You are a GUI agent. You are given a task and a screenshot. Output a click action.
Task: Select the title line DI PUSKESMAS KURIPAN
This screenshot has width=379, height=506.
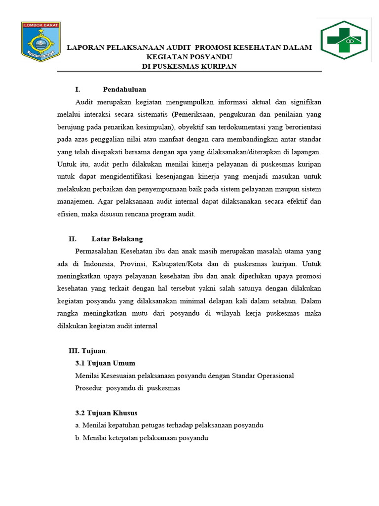pos(189,66)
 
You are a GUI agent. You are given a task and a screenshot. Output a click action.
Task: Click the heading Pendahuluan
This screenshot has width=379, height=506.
pos(124,89)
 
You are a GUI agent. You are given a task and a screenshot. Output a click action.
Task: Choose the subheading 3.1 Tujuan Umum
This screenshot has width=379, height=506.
pos(105,363)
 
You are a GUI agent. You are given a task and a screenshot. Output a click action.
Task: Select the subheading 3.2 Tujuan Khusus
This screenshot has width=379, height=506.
pos(106,413)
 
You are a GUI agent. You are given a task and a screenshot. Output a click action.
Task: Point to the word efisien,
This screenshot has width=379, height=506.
pos(68,214)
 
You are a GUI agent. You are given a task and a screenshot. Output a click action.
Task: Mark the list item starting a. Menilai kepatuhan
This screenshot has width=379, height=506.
pos(169,425)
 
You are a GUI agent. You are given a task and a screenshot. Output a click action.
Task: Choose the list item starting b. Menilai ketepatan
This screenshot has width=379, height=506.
pos(142,438)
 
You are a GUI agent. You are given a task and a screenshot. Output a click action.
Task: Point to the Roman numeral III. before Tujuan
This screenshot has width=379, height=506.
pos(74,351)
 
